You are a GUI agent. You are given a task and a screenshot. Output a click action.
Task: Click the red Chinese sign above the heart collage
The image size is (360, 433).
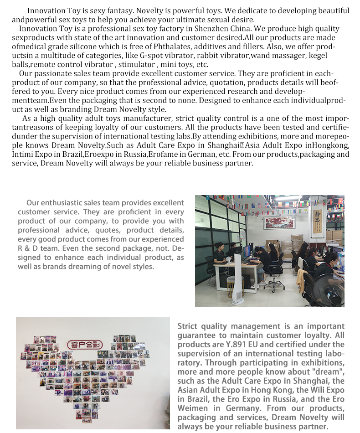pos(85,344)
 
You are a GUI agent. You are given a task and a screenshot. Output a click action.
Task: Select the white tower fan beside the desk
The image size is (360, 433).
pos(237,278)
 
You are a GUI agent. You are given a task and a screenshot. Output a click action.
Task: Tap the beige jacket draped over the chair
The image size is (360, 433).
pos(301,280)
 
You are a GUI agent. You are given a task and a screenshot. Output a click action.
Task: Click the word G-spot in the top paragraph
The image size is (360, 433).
pos(154,56)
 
